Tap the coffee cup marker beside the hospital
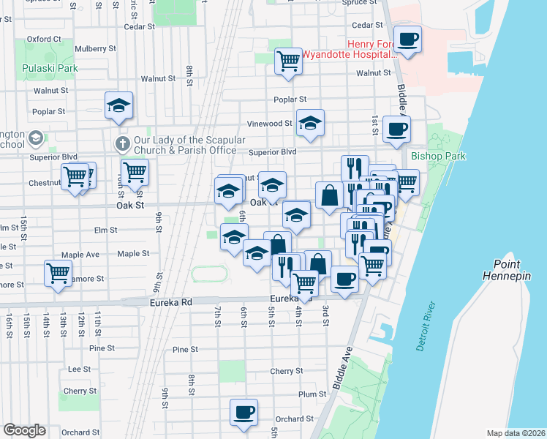click(x=407, y=39)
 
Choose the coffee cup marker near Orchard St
click(x=244, y=411)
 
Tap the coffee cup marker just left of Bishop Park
click(x=396, y=130)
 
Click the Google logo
click(x=24, y=430)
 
